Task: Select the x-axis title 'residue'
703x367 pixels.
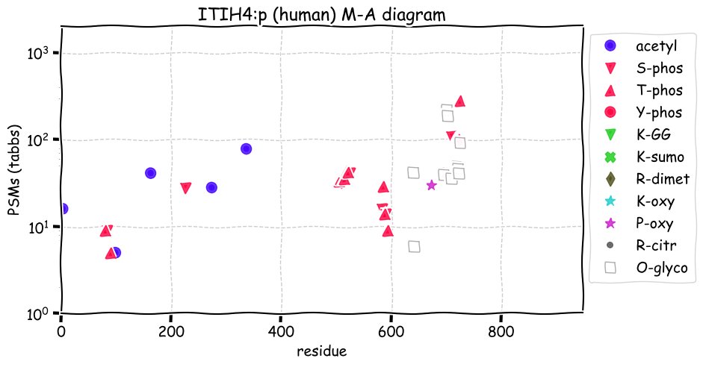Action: click(x=321, y=350)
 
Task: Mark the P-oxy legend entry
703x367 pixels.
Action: click(x=658, y=223)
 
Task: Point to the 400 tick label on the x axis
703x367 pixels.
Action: click(x=281, y=330)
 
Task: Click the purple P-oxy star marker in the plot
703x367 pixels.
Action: click(x=431, y=185)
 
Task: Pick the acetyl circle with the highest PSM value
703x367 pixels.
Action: click(x=246, y=148)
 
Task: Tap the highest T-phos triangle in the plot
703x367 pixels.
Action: click(x=460, y=101)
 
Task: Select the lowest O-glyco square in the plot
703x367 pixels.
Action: click(x=414, y=246)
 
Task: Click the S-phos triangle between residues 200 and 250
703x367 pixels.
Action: click(x=186, y=188)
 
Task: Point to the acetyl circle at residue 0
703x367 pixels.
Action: click(x=62, y=209)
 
